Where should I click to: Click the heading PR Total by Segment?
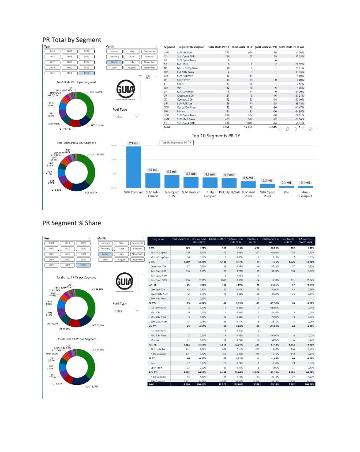pos(72,40)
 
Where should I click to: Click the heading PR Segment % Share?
pos(72,223)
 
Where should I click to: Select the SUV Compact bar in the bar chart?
pos(134,166)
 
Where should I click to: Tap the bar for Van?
pos(286,186)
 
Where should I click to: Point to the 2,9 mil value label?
pos(134,143)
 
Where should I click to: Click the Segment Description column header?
pos(191,47)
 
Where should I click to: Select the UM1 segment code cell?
pos(166,52)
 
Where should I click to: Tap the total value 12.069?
pos(247,127)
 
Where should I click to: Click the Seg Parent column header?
pos(158,239)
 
